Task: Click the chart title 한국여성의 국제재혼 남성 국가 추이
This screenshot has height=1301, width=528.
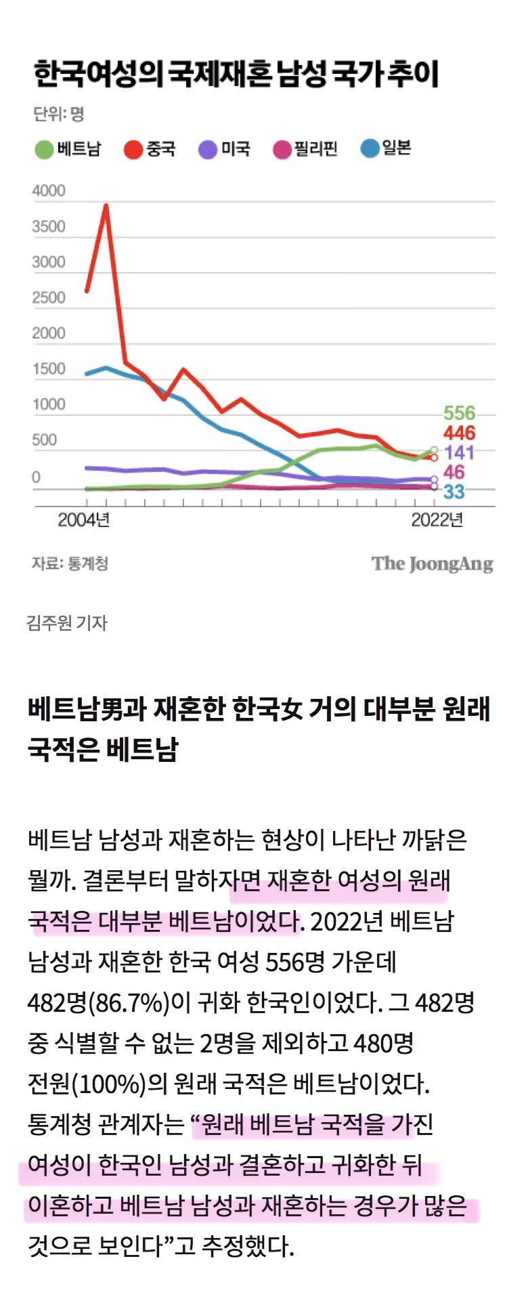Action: click(236, 74)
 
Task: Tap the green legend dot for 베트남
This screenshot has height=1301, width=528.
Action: click(44, 149)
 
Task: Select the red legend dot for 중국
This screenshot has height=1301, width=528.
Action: click(133, 149)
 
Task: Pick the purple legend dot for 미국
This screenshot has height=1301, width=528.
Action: click(207, 149)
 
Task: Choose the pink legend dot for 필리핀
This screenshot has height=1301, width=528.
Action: click(282, 149)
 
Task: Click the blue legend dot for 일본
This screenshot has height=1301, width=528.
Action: click(370, 148)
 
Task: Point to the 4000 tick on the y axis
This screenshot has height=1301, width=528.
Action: click(49, 191)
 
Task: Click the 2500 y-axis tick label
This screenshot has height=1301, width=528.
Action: click(49, 298)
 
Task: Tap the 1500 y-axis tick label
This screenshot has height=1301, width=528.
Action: click(49, 369)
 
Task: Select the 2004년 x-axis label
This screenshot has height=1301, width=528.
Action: click(84, 520)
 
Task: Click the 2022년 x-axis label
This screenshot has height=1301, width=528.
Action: click(437, 520)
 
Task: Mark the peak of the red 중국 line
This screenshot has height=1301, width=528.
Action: click(106, 205)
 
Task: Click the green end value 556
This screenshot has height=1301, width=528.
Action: click(459, 413)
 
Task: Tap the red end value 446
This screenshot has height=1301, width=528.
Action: click(459, 433)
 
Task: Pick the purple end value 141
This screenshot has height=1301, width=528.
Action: click(459, 452)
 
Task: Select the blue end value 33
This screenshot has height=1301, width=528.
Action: click(454, 492)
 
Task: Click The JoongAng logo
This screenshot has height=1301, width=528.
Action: click(432, 564)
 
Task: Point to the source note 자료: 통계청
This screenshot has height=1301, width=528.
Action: click(70, 563)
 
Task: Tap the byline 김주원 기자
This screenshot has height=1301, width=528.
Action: click(67, 622)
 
